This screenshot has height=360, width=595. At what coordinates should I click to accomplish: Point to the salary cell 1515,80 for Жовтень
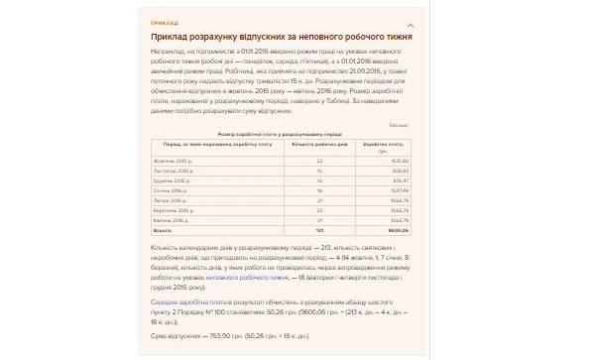click(x=400, y=160)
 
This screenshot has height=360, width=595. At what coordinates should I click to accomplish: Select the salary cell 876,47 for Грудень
click(x=401, y=180)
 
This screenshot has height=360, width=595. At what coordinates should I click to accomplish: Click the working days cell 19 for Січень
click(x=320, y=190)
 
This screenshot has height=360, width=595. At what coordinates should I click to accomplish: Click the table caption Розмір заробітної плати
click(x=268, y=132)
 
